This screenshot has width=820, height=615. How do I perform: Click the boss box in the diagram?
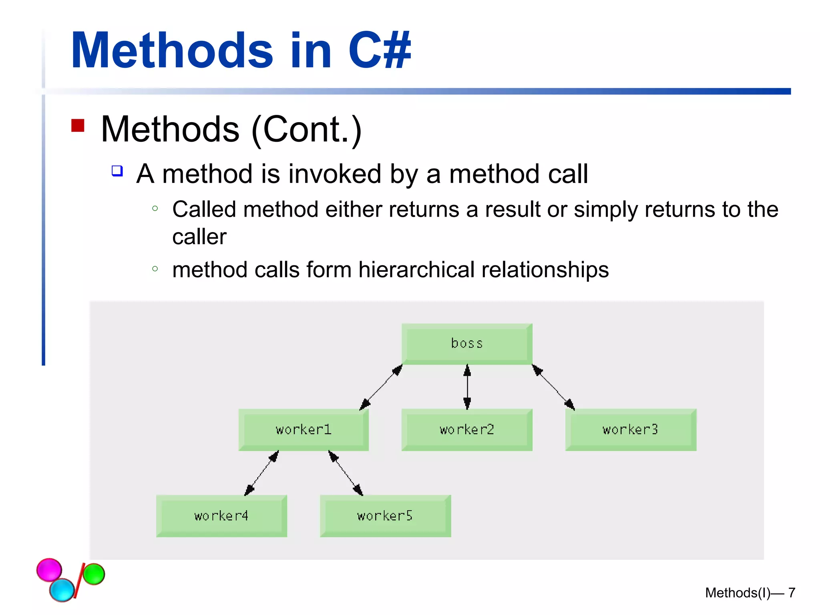(x=467, y=344)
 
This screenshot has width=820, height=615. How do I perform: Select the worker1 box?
(x=303, y=430)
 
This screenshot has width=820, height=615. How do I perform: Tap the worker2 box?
(x=467, y=430)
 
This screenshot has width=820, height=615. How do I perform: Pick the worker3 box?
(x=631, y=430)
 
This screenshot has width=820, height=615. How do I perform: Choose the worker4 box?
(x=221, y=516)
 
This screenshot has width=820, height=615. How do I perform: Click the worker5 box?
(x=385, y=516)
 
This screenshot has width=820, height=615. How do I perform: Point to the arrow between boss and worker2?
(x=467, y=387)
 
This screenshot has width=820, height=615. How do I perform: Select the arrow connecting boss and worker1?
(x=381, y=387)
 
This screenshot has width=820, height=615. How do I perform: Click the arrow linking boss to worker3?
(x=553, y=387)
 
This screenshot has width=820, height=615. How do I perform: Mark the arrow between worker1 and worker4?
(x=261, y=473)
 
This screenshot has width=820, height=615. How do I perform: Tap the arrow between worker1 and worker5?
(x=346, y=473)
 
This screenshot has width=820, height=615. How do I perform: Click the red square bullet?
(x=78, y=125)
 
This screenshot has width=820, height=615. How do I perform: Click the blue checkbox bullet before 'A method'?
(x=117, y=171)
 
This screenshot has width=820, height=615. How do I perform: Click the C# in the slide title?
(x=380, y=51)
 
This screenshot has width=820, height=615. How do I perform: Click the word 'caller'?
(x=199, y=237)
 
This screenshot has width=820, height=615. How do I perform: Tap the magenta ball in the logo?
(x=49, y=569)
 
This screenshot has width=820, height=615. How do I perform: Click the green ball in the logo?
(x=94, y=574)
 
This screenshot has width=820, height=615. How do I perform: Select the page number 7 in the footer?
(x=792, y=593)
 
